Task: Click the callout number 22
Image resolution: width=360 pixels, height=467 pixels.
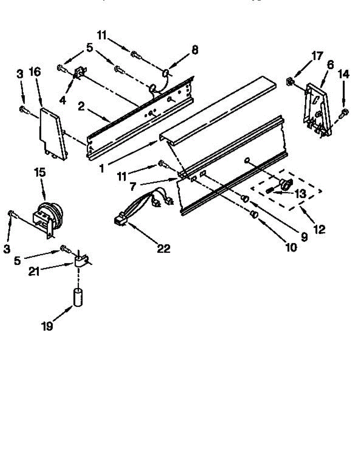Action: [x=163, y=248]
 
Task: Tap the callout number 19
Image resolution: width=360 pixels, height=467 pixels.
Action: [x=47, y=326]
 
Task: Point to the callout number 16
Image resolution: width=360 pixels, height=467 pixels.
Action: [x=35, y=72]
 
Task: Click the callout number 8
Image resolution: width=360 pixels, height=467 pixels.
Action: [x=195, y=49]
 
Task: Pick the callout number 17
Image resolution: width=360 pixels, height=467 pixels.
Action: [x=317, y=56]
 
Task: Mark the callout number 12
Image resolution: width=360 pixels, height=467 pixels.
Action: [x=320, y=229]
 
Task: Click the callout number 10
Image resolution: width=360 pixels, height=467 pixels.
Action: [x=290, y=246]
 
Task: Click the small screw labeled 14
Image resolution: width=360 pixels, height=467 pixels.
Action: [x=344, y=113]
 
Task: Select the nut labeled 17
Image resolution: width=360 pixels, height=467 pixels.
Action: [x=290, y=81]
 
